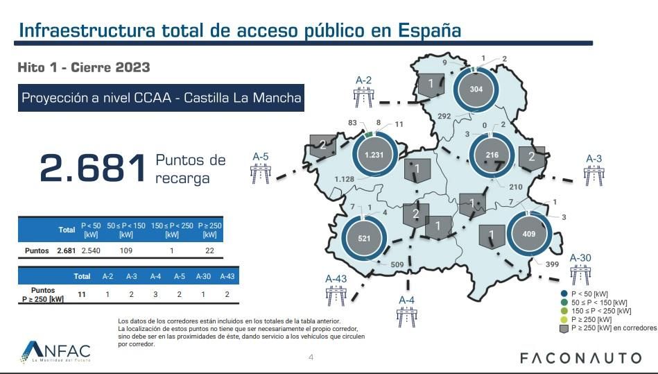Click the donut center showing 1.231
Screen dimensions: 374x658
[x=374, y=155]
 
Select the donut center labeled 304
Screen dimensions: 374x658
[x=476, y=90]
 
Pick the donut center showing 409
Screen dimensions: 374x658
[x=529, y=235]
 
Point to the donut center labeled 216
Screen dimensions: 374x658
[x=492, y=155]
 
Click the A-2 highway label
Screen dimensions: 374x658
[x=363, y=80]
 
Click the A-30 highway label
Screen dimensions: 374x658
[x=580, y=257]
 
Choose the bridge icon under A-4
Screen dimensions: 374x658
[x=407, y=316]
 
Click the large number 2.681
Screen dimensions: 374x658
[x=92, y=169]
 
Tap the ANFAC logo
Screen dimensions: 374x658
[x=56, y=352]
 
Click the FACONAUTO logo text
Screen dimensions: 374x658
[x=581, y=358]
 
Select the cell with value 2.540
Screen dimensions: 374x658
[x=92, y=250]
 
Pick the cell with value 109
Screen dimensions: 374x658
[x=125, y=250]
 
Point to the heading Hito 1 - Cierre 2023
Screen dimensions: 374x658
[x=84, y=68]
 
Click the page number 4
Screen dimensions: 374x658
[x=311, y=357]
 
